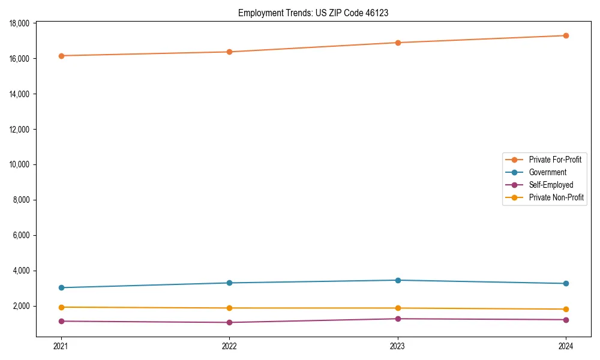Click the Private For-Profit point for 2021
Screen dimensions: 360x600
(x=61, y=56)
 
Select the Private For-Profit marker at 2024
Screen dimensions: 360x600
(x=566, y=35)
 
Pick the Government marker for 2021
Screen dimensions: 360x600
(x=61, y=287)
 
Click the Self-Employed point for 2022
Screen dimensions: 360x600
(x=229, y=322)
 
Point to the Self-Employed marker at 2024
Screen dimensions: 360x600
(x=566, y=320)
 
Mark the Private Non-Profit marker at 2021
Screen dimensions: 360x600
(x=61, y=307)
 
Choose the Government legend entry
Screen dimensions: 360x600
(x=547, y=172)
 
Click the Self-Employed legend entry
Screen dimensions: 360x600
(x=551, y=185)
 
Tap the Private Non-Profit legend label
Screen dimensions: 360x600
(x=556, y=197)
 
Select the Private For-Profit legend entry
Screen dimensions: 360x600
(x=555, y=160)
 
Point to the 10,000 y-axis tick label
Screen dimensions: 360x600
(x=21, y=164)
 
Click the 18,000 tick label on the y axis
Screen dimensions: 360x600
(x=21, y=23)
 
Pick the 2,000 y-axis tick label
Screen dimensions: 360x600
(x=23, y=306)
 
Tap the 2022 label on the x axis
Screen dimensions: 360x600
(x=229, y=346)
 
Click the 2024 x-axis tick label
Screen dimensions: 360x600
(x=566, y=346)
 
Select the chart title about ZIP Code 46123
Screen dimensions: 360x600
(x=313, y=13)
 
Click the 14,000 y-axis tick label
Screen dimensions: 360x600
(x=21, y=94)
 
